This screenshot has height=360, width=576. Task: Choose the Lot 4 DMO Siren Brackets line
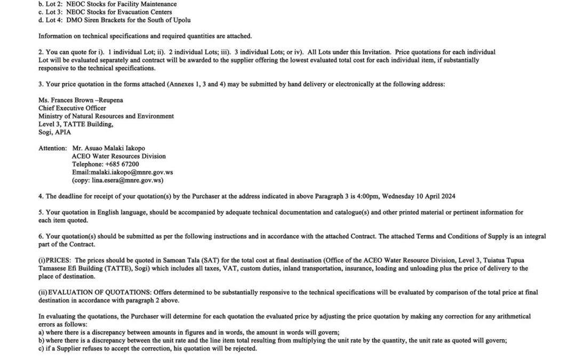[114, 20]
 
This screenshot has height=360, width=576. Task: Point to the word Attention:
[53, 148]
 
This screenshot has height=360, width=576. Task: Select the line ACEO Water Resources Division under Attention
[118, 156]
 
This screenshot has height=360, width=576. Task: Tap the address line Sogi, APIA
[54, 132]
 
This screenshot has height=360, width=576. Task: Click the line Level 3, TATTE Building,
[75, 124]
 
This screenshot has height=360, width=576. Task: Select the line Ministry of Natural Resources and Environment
[106, 116]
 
